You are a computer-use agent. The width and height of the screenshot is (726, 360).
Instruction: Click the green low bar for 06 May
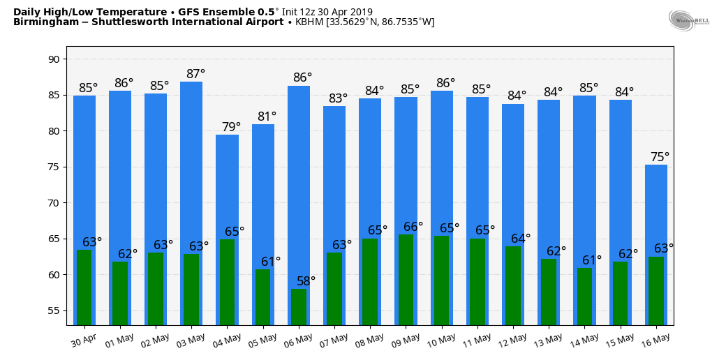pyautogui.click(x=299, y=307)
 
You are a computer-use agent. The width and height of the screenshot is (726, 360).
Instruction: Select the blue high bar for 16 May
pyautogui.click(x=656, y=209)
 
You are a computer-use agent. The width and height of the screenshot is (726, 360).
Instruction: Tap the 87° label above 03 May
pyautogui.click(x=195, y=74)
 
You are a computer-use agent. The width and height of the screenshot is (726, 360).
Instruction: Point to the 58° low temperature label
pyautogui.click(x=306, y=280)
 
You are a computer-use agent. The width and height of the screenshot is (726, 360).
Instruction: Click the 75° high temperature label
pyautogui.click(x=660, y=157)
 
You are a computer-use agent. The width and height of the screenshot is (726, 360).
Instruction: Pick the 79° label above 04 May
pyautogui.click(x=231, y=127)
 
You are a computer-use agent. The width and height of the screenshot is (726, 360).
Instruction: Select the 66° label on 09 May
pyautogui.click(x=413, y=227)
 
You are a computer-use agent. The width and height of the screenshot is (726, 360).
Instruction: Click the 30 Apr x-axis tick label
pyautogui.click(x=82, y=340)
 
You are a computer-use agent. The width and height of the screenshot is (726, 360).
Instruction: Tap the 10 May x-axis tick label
pyautogui.click(x=442, y=340)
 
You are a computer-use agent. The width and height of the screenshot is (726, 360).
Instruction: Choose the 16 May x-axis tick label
pyautogui.click(x=656, y=340)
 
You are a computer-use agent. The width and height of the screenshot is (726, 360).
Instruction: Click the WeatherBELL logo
pyautogui.click(x=688, y=20)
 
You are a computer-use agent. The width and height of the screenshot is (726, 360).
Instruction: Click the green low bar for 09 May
pyautogui.click(x=406, y=279)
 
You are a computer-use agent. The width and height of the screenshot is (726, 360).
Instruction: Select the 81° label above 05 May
pyautogui.click(x=267, y=117)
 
